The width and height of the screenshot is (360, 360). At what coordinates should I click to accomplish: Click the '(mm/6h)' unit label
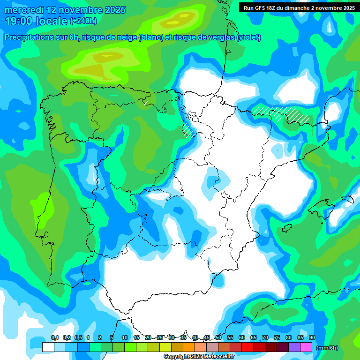pos(327,348)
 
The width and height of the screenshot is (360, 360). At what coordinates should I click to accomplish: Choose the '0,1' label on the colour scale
pos(55,338)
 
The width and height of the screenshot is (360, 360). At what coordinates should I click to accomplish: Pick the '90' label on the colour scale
pos(312,338)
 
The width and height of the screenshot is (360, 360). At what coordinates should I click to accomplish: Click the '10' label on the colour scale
pos(125,338)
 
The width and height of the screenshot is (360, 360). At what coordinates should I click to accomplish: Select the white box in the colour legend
pos(48,347)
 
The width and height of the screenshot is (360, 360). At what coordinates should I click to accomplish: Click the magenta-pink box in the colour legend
pos(306,347)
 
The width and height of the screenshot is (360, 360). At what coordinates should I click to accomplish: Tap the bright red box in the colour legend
pos(247,347)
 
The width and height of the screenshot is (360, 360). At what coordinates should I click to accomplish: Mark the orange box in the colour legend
pos(188,347)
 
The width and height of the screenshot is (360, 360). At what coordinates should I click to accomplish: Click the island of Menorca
pos(347,199)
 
